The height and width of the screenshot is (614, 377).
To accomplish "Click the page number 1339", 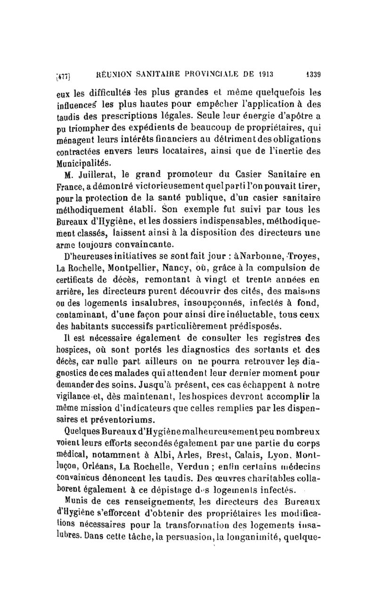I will click(311, 74).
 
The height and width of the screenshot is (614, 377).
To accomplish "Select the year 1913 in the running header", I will click(265, 74).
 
